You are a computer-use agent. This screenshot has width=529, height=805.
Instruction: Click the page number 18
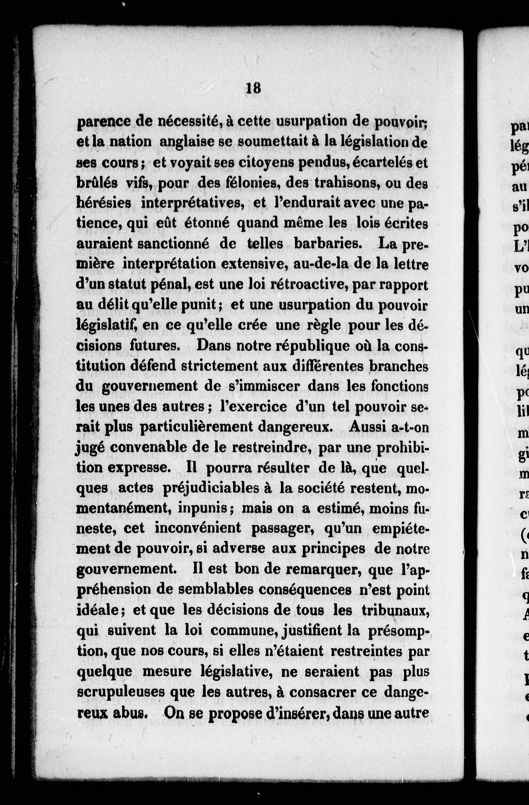tap(253, 88)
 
